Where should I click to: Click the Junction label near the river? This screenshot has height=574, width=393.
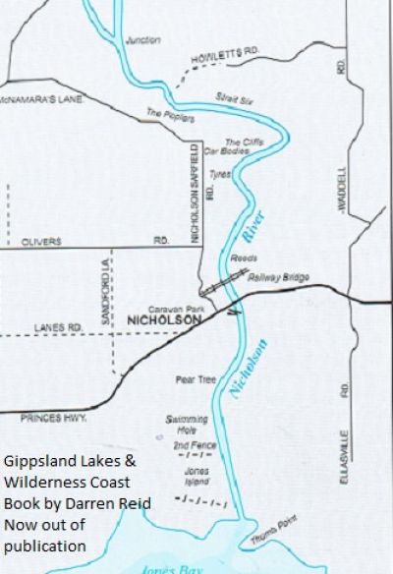(143, 40)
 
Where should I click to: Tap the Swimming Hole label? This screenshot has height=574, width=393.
(187, 424)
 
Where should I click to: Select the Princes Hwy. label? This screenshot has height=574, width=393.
(46, 417)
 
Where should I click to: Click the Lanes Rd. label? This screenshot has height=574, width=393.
(56, 326)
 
